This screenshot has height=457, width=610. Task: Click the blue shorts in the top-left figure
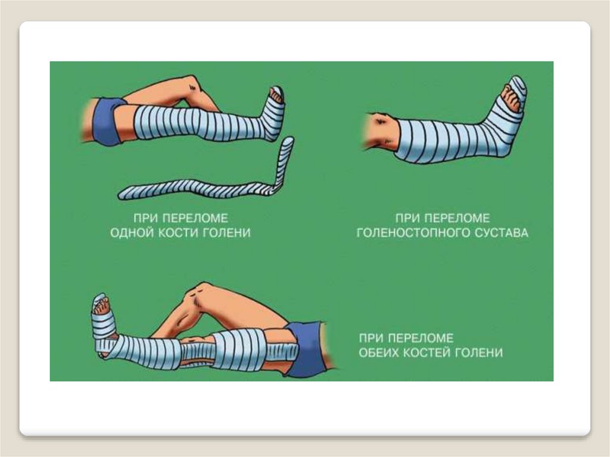pyautogui.click(x=105, y=121)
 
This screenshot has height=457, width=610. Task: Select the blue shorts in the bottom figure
pyautogui.click(x=307, y=344)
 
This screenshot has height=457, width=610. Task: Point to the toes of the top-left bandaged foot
pyautogui.click(x=276, y=96)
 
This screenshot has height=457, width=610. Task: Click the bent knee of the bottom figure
pyautogui.click(x=198, y=294)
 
